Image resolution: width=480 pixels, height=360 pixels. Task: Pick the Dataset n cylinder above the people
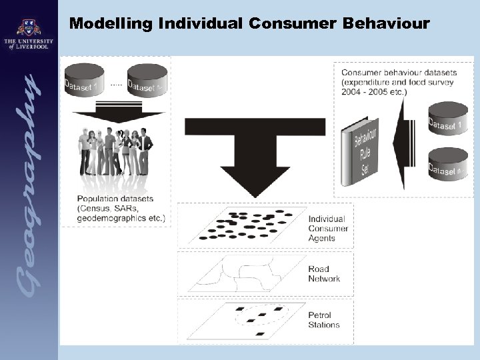[x=147, y=79]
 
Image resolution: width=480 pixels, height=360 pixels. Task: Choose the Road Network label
[x=324, y=274]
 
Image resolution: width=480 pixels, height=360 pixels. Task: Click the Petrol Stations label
[x=324, y=320]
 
